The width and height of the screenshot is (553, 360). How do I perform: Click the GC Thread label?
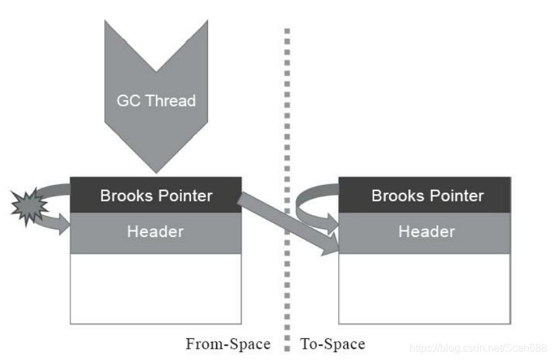pyautogui.click(x=156, y=101)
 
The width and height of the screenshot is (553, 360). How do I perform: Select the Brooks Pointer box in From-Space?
pyautogui.click(x=156, y=195)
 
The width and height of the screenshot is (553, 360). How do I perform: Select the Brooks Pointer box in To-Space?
pyautogui.click(x=425, y=195)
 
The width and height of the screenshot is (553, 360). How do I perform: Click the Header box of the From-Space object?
pyautogui.click(x=156, y=232)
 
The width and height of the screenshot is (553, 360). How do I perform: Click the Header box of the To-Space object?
pyautogui.click(x=425, y=232)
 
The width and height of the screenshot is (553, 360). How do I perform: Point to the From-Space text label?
pyautogui.click(x=228, y=344)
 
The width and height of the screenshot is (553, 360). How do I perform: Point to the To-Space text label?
pyautogui.click(x=332, y=344)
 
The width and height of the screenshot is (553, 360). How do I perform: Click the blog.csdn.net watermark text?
pyautogui.click(x=477, y=346)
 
